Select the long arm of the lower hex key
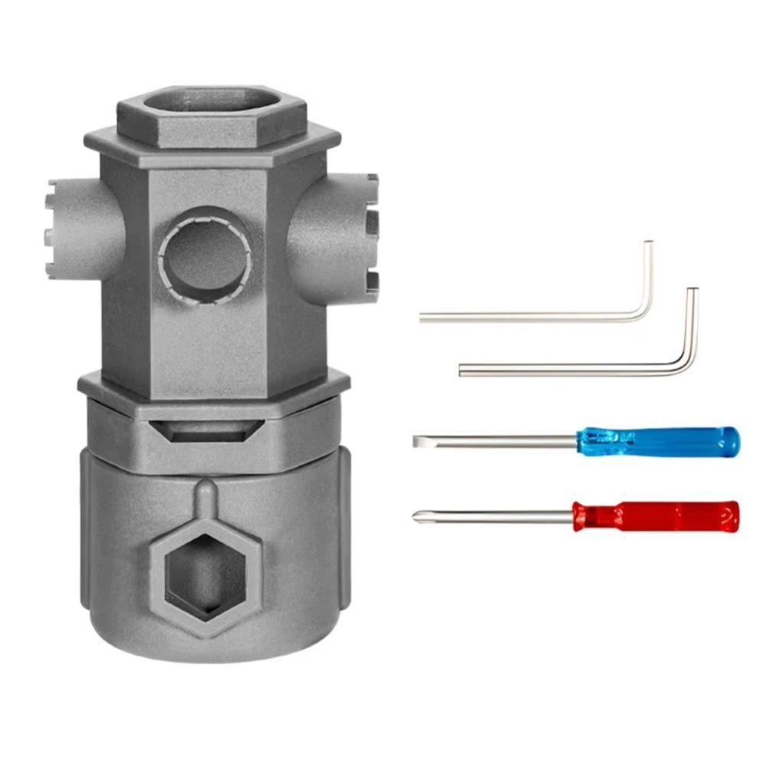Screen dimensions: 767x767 click(568, 370)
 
